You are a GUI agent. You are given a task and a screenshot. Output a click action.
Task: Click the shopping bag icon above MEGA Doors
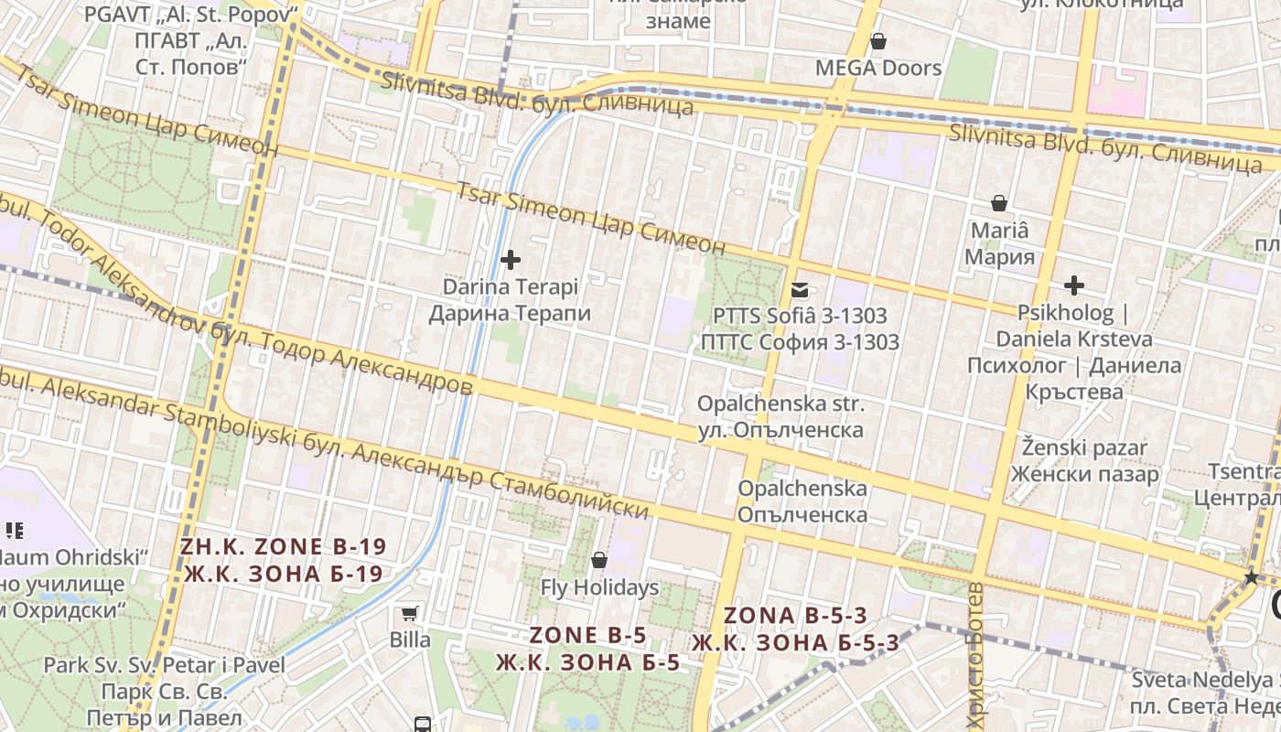(877, 41)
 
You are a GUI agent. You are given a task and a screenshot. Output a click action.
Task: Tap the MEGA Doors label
(877, 68)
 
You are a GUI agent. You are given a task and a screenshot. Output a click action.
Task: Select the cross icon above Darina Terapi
(511, 260)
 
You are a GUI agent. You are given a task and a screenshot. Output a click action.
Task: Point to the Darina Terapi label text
(511, 300)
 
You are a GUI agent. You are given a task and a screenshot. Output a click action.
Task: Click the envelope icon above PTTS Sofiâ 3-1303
(801, 290)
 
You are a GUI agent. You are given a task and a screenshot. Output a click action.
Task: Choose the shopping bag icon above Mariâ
(999, 203)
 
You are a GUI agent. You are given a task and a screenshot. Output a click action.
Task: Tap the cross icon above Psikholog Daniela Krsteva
(1073, 285)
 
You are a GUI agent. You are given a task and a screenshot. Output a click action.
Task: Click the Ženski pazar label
(1084, 461)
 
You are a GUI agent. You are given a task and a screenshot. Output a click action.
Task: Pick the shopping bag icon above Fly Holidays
(599, 559)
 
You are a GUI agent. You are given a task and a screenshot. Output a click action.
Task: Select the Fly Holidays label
(599, 587)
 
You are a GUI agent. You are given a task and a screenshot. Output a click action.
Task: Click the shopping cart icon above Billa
(409, 613)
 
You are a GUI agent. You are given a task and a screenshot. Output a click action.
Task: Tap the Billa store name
(410, 640)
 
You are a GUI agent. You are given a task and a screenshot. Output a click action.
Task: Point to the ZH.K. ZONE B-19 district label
(283, 560)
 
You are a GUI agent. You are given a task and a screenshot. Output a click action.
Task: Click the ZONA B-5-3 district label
(795, 629)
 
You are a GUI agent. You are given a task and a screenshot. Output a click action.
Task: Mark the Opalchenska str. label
(780, 416)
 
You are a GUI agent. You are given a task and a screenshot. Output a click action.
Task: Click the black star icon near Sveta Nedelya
(1251, 577)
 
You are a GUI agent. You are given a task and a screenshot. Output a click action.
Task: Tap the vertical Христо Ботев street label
(974, 654)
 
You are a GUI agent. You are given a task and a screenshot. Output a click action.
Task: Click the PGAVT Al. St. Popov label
(191, 41)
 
